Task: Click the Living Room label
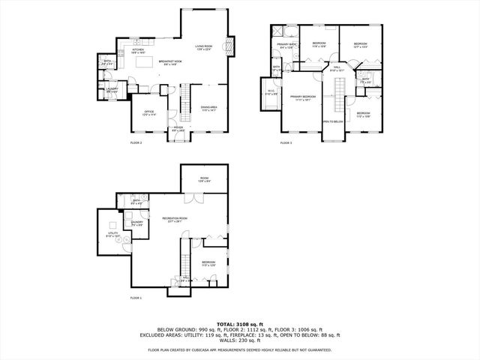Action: coord(204,47)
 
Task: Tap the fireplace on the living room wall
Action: coord(231,46)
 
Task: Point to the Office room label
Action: coord(148,113)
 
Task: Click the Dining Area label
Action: coord(208,108)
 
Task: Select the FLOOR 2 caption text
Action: coord(136,142)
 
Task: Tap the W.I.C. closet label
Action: coord(271,94)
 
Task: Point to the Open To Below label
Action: coord(333,121)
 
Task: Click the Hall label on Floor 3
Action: coord(337,69)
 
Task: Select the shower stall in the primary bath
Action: coord(278,31)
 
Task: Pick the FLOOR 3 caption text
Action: coord(286,142)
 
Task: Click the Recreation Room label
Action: coord(175,219)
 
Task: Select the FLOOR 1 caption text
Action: coord(136,298)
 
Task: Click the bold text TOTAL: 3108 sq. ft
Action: coord(240,324)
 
